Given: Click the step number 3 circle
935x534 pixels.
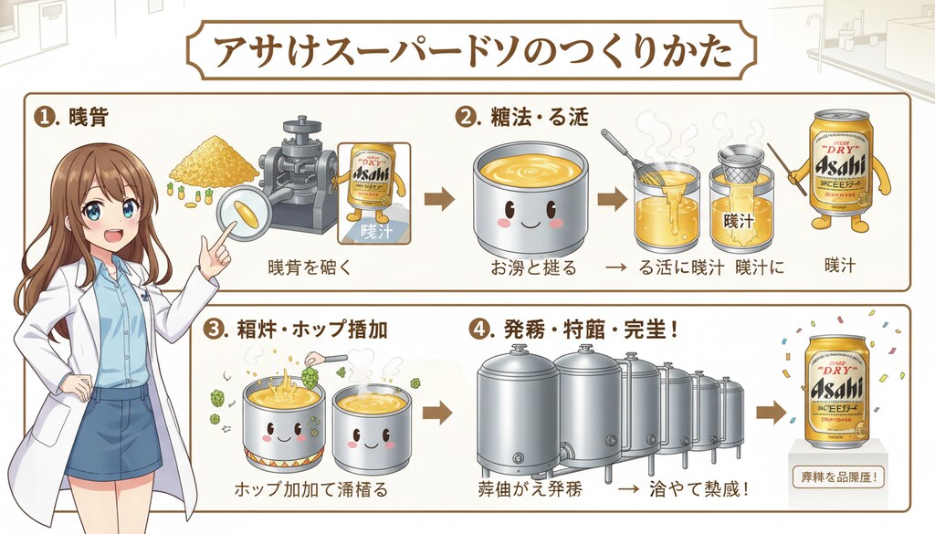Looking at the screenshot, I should tap(216, 329).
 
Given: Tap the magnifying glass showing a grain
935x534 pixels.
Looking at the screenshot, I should tap(247, 211).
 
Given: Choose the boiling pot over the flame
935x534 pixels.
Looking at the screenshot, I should tap(284, 421).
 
